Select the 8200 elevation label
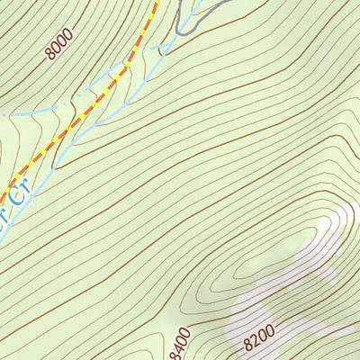[x=258, y=338]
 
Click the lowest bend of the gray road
[x=179, y=32]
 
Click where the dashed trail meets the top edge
[x=157, y=2]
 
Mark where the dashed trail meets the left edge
[x=2, y=195]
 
